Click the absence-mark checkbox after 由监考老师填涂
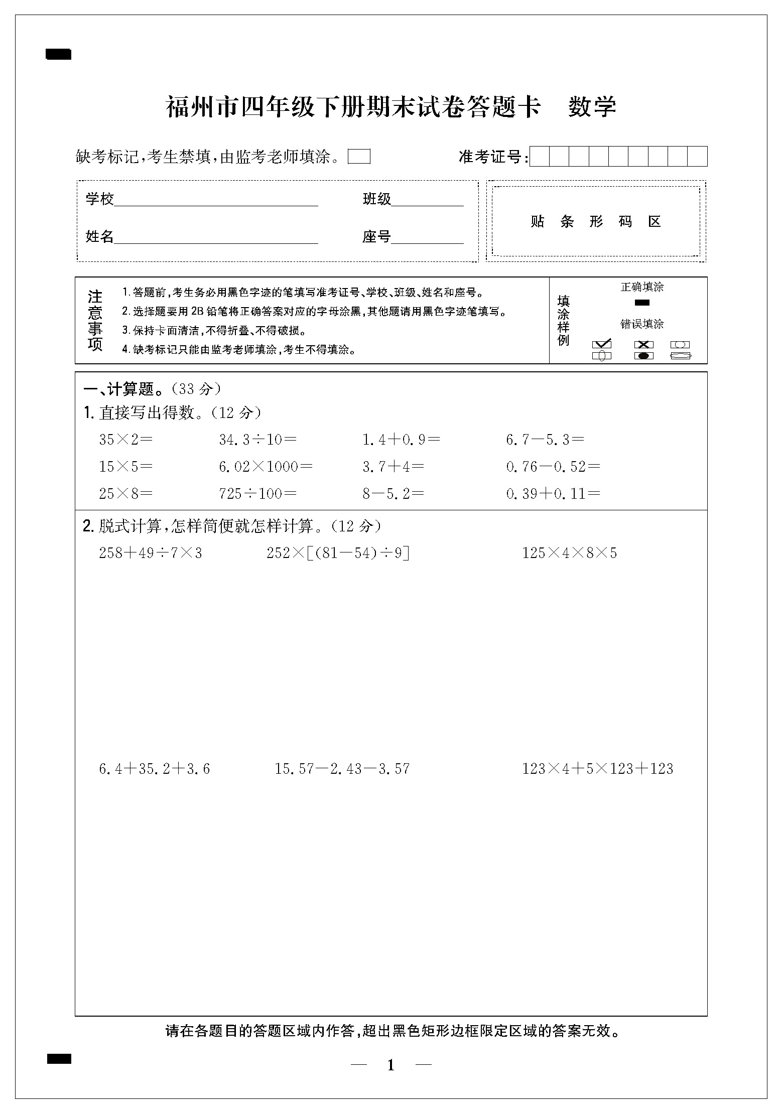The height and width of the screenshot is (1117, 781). coord(359,157)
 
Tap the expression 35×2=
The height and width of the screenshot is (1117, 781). coord(125,440)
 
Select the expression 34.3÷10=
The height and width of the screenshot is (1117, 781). coord(257,440)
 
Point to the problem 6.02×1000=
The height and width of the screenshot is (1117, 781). coord(266,467)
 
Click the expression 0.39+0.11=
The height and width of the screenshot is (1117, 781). coord(553,494)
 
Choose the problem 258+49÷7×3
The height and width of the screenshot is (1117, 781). coord(151,553)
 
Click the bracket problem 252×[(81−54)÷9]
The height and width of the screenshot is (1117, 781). coord(338,553)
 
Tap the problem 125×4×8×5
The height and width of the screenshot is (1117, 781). coord(570,553)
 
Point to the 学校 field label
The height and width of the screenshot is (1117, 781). coord(100,199)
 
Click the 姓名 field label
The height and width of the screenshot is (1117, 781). coord(100,236)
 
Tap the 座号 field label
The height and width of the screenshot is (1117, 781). coord(376,236)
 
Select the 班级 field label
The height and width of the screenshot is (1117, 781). coord(376,199)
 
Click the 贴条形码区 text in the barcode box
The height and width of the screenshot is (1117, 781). coord(596,221)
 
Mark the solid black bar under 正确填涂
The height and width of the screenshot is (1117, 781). coord(642,303)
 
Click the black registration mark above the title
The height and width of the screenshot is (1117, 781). coord(59,54)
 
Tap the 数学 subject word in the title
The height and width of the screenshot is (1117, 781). coord(592,106)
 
